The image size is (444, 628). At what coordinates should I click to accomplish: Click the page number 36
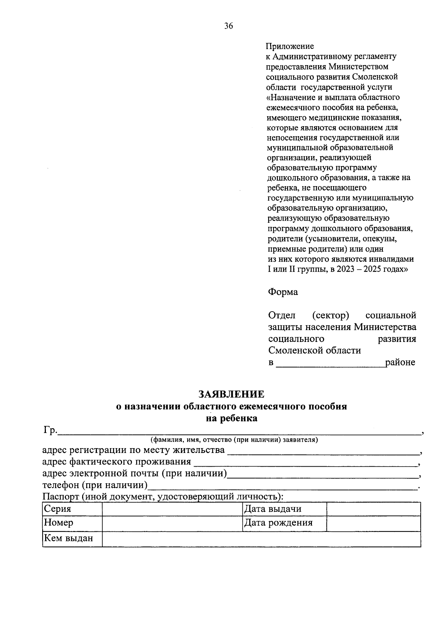coord(228,26)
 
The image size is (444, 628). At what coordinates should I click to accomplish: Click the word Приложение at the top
coord(290,46)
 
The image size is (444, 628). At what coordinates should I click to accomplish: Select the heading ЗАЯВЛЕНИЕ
coord(232,393)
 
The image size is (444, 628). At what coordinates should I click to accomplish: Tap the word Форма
coord(283,292)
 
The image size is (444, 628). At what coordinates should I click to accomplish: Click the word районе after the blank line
coord(400,362)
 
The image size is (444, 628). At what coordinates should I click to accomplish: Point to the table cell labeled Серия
coord(72,509)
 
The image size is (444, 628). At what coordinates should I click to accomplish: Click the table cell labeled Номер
coord(72,523)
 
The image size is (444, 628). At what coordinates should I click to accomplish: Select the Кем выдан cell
coord(72,538)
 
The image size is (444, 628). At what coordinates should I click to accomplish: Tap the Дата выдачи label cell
coord(284,509)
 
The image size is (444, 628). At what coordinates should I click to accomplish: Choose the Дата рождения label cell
coord(284,523)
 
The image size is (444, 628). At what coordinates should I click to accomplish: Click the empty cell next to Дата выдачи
coord(373,509)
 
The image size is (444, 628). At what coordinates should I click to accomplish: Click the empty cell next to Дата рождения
coord(373,523)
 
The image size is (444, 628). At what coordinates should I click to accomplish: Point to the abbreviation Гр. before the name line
coord(50,430)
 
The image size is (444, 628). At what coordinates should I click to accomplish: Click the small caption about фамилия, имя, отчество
coord(234,440)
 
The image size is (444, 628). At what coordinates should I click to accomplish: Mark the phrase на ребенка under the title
coord(232,419)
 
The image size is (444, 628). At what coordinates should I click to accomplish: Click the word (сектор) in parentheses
coord(330,315)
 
